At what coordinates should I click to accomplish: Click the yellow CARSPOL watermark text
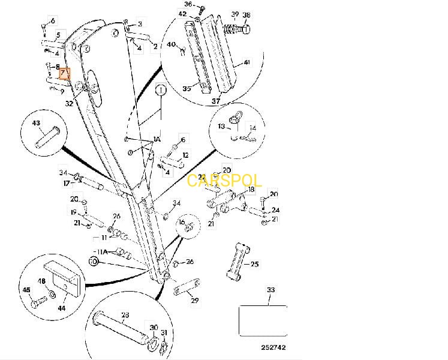pos(224,181)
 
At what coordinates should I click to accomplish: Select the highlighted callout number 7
pos(64,73)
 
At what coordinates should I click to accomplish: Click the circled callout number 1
pos(161,91)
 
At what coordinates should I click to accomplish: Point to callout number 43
pos(36,123)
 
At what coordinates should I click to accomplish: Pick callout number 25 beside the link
pos(254,264)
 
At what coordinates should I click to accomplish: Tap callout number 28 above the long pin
pos(125,315)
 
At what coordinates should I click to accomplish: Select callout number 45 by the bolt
pos(26,290)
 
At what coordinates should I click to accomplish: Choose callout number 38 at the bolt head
pos(246,14)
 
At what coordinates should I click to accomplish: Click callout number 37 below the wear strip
pos(216,101)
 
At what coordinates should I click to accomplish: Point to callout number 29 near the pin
pos(194,300)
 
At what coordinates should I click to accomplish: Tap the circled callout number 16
pos(182,222)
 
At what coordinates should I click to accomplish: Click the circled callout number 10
pos(94,262)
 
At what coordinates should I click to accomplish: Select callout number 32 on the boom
pos(69,103)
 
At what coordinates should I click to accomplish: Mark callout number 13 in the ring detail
pos(221,126)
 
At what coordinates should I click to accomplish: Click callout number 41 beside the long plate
pos(246,62)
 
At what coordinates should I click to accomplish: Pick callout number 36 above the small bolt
pos(188,4)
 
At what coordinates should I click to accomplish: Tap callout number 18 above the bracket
pos(251,190)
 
